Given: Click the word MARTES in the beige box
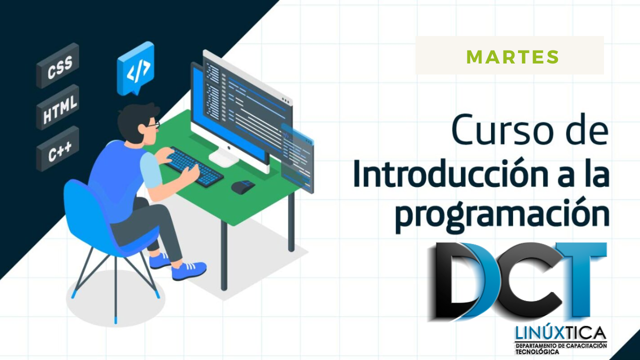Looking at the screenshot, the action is [x=512, y=57].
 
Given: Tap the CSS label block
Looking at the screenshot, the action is [x=57, y=65].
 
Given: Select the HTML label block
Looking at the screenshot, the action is [x=57, y=107].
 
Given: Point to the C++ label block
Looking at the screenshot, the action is [x=57, y=148].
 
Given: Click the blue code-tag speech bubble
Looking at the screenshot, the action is [x=135, y=68].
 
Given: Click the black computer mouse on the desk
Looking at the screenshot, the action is [x=243, y=187].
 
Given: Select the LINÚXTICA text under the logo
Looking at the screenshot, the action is [x=560, y=332].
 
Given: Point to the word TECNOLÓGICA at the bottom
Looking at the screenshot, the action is [x=537, y=352].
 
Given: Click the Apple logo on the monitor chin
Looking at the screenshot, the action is [x=229, y=148].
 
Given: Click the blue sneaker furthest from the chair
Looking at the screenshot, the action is [x=189, y=270].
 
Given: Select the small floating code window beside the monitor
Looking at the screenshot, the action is [x=297, y=158].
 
